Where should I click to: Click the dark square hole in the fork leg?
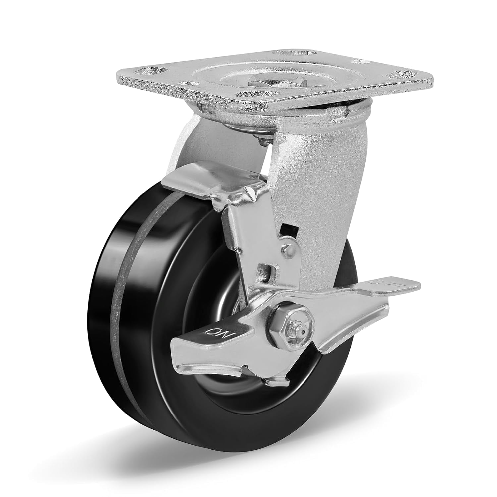point(284,229)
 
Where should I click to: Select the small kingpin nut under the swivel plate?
point(264,134)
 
